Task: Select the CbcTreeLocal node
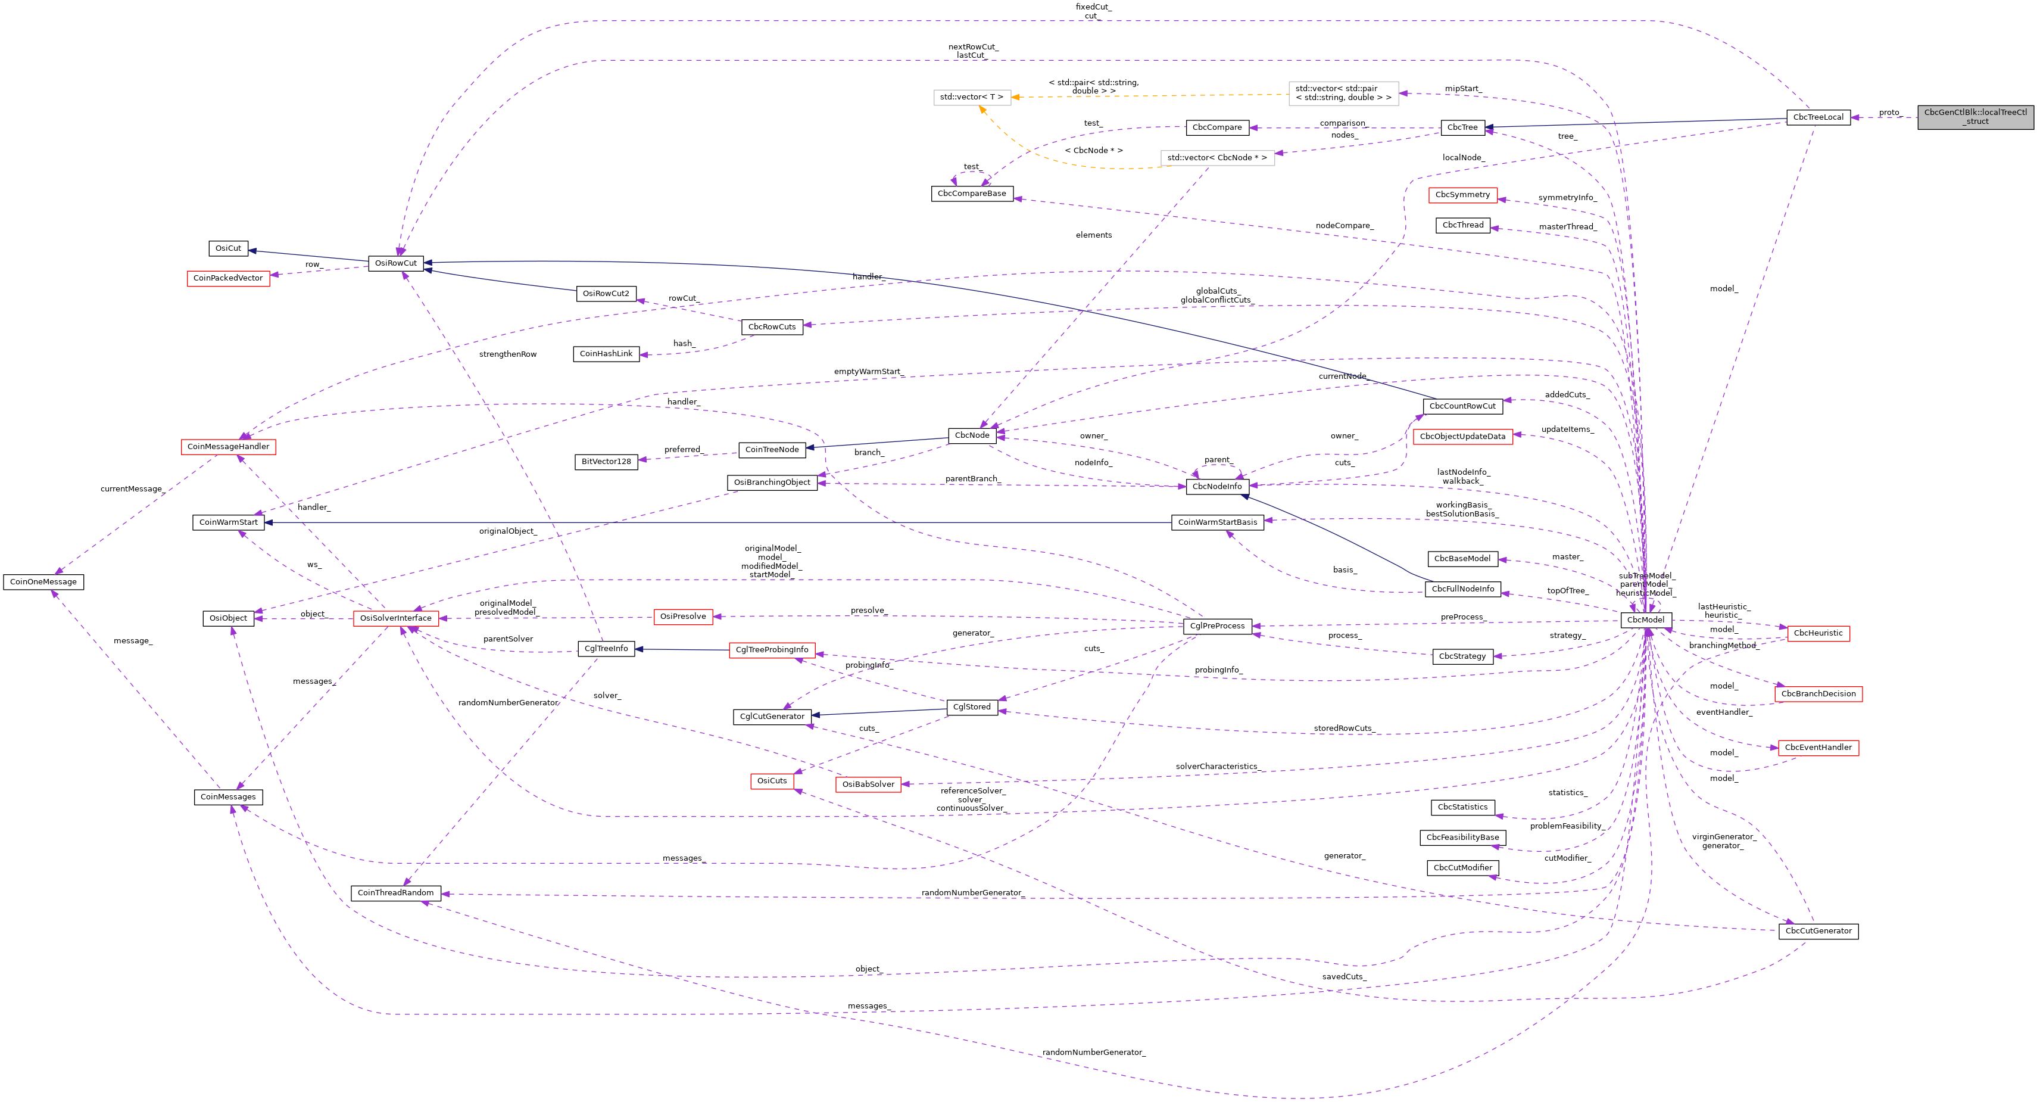[x=1817, y=118]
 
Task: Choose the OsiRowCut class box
[x=395, y=263]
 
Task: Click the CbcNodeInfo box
[x=1217, y=487]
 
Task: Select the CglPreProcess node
[x=1217, y=627]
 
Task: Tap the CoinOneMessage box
[x=43, y=582]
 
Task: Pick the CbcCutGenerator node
[x=1817, y=931]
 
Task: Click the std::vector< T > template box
[x=971, y=97]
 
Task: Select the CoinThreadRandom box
[x=395, y=893]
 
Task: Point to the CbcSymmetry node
[x=1462, y=195]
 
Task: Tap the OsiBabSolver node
[x=868, y=785]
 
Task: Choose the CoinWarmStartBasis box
[x=1217, y=523]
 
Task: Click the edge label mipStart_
[x=1463, y=89]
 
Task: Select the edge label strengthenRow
[x=508, y=354]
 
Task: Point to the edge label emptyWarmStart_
[x=868, y=372]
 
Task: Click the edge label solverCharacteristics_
[x=1217, y=767]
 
